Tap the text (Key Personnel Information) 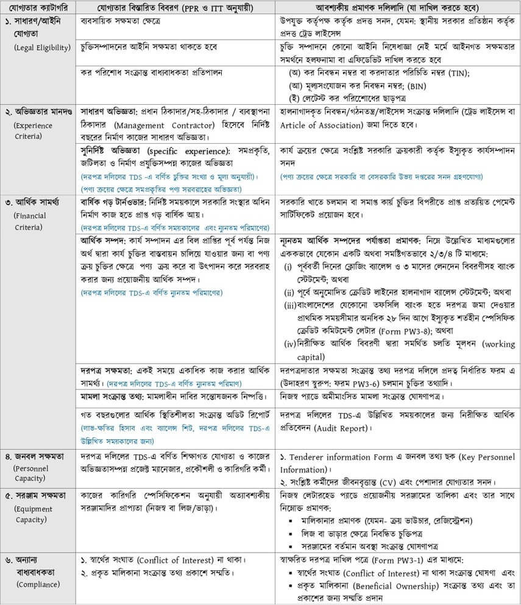coord(398,464)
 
